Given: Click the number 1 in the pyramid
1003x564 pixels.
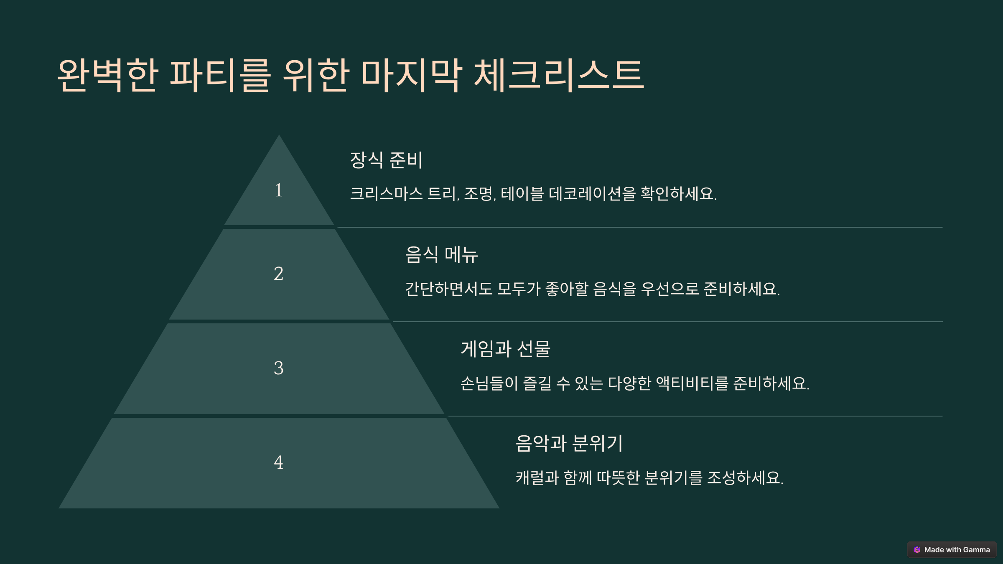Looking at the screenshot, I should (278, 191).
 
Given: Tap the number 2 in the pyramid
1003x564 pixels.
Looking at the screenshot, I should (278, 274).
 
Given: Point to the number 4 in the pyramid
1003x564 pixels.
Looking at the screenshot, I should (278, 462).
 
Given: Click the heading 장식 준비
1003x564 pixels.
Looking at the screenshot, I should (386, 160).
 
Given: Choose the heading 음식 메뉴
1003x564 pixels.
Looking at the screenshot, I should (441, 254).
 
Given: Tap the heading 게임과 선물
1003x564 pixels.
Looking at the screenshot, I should (505, 349).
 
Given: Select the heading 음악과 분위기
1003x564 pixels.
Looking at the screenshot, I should (569, 443).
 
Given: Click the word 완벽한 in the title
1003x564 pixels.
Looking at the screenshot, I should (108, 75).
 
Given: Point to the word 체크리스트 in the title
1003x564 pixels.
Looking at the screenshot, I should (559, 75).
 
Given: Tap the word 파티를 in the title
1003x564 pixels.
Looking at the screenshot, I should (220, 75).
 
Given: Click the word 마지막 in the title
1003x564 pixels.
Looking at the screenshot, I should (411, 75).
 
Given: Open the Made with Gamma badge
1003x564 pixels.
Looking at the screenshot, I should (952, 550).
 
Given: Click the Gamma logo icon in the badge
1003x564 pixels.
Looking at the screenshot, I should (917, 550).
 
